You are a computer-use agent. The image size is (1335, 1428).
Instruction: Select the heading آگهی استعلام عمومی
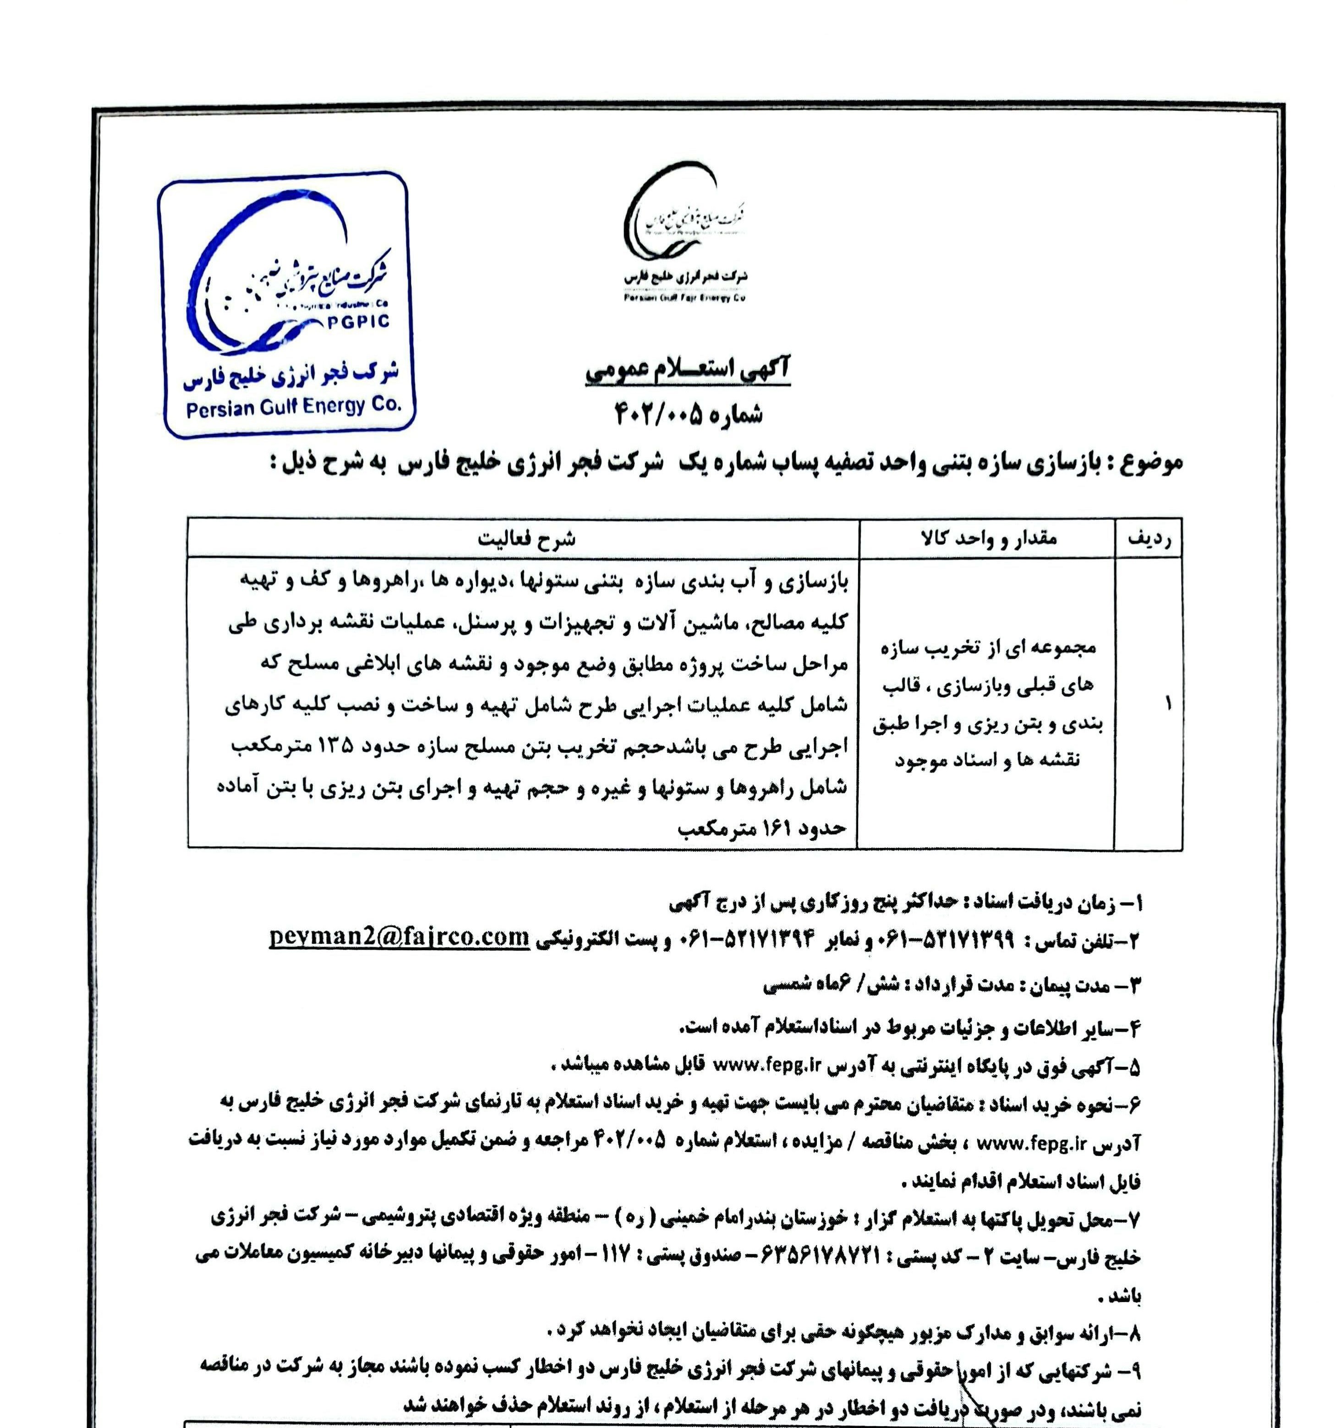point(688,370)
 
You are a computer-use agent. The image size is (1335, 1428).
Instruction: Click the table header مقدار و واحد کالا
point(988,539)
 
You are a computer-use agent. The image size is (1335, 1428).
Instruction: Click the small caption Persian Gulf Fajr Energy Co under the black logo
point(684,297)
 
